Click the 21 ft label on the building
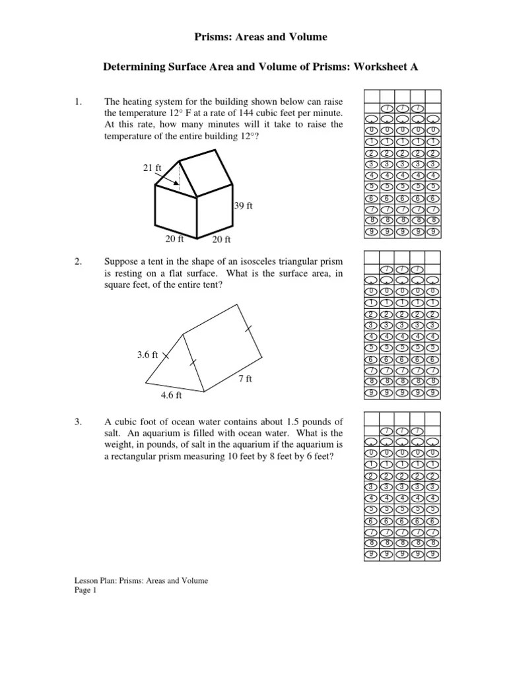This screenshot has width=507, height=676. pyautogui.click(x=152, y=168)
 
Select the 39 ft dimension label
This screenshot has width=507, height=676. pyautogui.click(x=244, y=206)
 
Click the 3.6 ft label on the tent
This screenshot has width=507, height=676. pyautogui.click(x=147, y=355)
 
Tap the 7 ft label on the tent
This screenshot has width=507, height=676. pyautogui.click(x=245, y=379)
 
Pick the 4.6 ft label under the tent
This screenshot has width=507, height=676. pyautogui.click(x=171, y=396)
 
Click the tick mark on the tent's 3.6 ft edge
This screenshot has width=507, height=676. pyautogui.click(x=165, y=355)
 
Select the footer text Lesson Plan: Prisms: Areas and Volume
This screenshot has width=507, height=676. pyautogui.click(x=141, y=581)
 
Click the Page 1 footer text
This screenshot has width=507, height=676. pyautogui.click(x=85, y=591)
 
